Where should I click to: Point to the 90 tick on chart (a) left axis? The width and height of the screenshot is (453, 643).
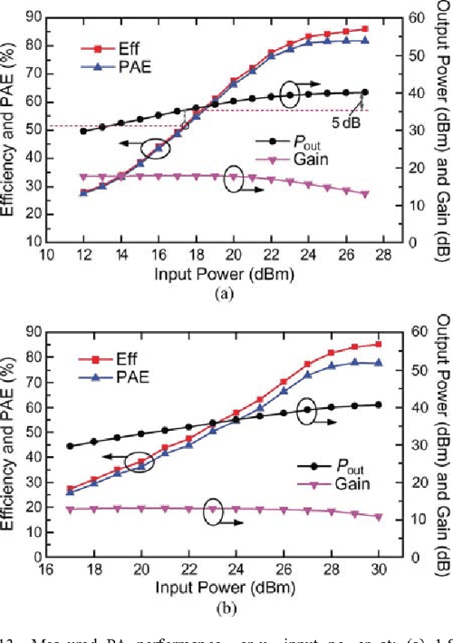34,15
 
